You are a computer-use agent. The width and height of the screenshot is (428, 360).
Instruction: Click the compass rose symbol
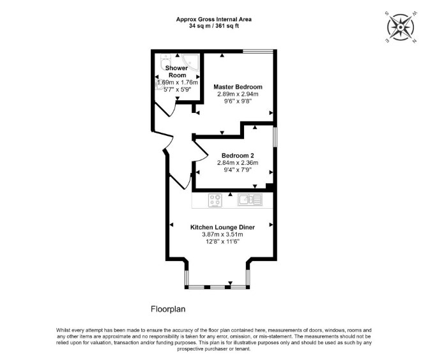coord(400,27)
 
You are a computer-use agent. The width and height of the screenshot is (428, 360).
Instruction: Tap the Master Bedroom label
coord(238,87)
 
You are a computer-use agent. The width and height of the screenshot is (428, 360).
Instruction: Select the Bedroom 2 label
coord(238,156)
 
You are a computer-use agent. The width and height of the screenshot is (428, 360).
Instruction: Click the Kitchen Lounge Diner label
coord(222,227)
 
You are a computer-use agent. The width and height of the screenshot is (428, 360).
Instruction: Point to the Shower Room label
coord(177,71)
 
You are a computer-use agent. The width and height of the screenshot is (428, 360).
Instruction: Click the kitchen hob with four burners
coord(215,200)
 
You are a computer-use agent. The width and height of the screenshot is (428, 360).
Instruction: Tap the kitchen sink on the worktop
coord(250,200)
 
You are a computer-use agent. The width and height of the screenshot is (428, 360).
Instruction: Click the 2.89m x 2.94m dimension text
coord(238,94)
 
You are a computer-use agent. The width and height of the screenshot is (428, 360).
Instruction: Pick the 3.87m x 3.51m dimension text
coord(222,234)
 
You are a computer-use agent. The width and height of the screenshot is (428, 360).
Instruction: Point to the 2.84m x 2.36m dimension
coord(238,163)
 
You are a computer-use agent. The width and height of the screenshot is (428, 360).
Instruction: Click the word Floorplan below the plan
coord(168,309)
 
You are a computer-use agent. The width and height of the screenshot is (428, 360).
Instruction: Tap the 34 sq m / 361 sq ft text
coord(214,26)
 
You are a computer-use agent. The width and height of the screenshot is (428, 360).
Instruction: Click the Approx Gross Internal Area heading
coord(214,19)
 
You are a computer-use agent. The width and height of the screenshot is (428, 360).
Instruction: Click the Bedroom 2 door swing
coord(201,151)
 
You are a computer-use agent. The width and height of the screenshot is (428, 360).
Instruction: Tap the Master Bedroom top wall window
coord(258,51)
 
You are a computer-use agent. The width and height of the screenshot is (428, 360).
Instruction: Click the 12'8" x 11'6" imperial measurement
coord(222,241)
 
